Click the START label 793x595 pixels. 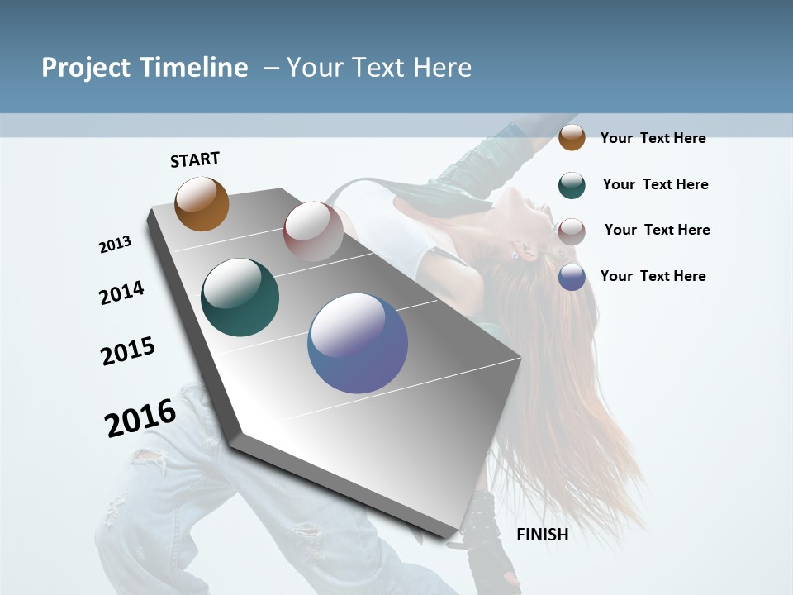click(x=195, y=159)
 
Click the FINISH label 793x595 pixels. click(x=543, y=535)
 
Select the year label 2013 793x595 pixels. click(x=115, y=245)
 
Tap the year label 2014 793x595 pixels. click(x=121, y=293)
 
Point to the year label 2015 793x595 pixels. click(x=128, y=351)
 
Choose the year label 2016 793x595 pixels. click(x=140, y=417)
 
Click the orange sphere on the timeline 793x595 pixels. click(x=202, y=203)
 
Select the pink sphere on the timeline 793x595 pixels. click(x=313, y=231)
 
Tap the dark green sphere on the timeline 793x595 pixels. click(x=240, y=297)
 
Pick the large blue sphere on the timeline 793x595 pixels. click(x=358, y=343)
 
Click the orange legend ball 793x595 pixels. click(x=572, y=137)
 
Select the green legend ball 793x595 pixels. click(x=572, y=185)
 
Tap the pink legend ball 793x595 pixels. click(x=572, y=231)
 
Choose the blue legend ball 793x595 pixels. click(x=572, y=277)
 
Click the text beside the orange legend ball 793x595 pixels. click(x=653, y=138)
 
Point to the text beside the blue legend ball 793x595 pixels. click(x=653, y=276)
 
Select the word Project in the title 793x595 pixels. click(x=87, y=68)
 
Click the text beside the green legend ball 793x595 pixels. click(x=655, y=184)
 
